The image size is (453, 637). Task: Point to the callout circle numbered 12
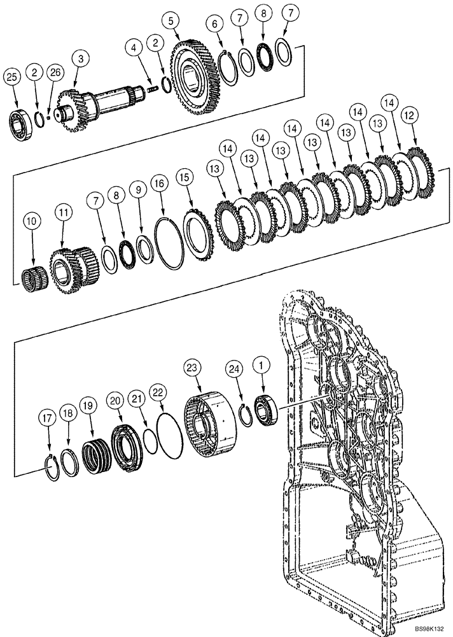410,115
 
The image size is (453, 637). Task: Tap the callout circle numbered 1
260,366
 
